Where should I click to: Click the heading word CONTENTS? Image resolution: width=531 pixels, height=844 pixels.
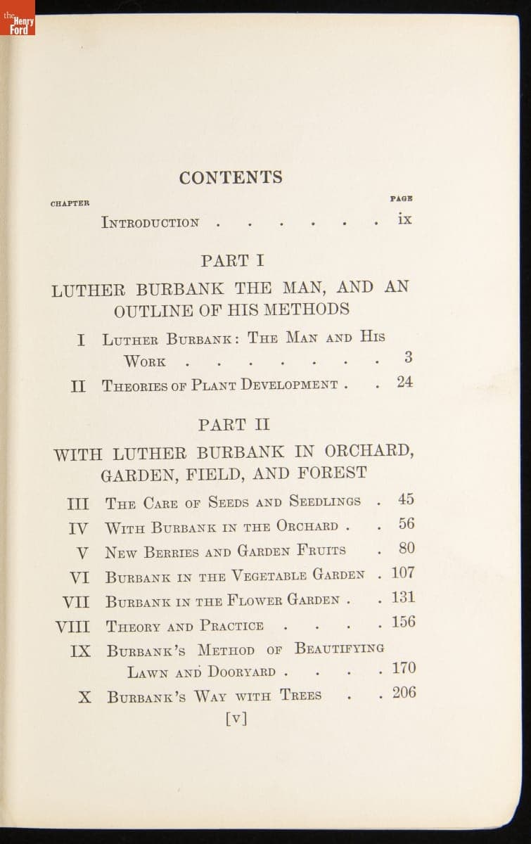click(231, 177)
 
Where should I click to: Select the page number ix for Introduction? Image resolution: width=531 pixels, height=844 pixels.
click(404, 219)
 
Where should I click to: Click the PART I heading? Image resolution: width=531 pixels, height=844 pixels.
click(232, 261)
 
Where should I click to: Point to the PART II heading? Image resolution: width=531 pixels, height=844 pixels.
click(233, 425)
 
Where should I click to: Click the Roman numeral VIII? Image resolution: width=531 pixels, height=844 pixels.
click(72, 626)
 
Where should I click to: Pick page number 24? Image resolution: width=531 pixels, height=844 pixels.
click(404, 383)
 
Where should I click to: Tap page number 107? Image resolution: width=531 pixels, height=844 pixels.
click(403, 573)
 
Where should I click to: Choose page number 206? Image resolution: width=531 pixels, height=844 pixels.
click(404, 693)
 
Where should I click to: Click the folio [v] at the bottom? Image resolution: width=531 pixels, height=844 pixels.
click(236, 718)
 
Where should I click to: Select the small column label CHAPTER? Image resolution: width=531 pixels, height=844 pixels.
click(70, 204)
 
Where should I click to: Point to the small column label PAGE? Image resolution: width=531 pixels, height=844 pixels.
click(402, 199)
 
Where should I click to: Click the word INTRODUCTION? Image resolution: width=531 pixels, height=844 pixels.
click(151, 223)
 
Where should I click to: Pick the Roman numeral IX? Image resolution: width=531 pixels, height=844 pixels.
click(80, 651)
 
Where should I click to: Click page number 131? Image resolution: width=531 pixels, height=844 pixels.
click(403, 598)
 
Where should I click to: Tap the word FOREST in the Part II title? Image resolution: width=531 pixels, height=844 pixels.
click(332, 473)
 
